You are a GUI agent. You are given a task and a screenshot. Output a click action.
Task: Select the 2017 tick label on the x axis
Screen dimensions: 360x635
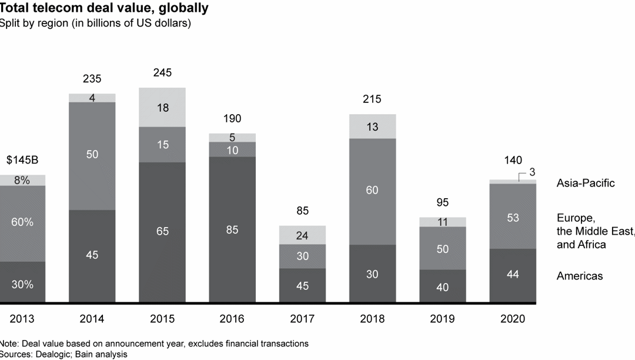[302, 319]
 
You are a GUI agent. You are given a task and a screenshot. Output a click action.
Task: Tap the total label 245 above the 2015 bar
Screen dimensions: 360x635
[162, 73]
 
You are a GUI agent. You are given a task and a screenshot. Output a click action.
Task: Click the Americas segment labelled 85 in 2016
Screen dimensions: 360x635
[232, 230]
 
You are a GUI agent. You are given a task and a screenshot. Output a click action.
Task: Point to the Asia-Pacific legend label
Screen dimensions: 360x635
[586, 183]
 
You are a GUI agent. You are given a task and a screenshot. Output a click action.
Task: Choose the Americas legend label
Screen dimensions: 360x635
[580, 275]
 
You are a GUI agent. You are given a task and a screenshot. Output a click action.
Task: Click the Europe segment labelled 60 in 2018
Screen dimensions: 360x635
[372, 191]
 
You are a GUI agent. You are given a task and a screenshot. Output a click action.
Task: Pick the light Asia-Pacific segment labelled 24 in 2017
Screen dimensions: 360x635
[302, 235]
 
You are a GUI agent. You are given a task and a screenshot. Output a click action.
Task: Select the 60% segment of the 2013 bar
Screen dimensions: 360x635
[22, 222]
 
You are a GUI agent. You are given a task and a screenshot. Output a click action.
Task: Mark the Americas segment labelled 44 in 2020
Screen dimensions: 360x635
[513, 275]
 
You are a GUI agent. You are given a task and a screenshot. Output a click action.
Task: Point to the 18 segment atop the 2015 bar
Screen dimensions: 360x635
[162, 107]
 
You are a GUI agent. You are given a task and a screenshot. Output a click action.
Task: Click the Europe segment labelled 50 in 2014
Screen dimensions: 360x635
[92, 155]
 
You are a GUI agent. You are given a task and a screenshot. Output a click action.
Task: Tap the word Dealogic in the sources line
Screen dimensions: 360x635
[49, 354]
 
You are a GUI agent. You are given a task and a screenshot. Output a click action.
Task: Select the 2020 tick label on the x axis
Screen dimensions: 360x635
[513, 319]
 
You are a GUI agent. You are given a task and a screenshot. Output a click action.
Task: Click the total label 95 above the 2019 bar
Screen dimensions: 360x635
[442, 202]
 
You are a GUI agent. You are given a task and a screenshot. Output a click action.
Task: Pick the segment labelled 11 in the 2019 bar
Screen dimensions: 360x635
[442, 222]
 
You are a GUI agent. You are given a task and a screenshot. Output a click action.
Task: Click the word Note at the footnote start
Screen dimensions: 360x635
[8, 344]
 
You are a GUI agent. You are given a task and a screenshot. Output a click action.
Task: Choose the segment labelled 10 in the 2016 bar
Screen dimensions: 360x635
[232, 149]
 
